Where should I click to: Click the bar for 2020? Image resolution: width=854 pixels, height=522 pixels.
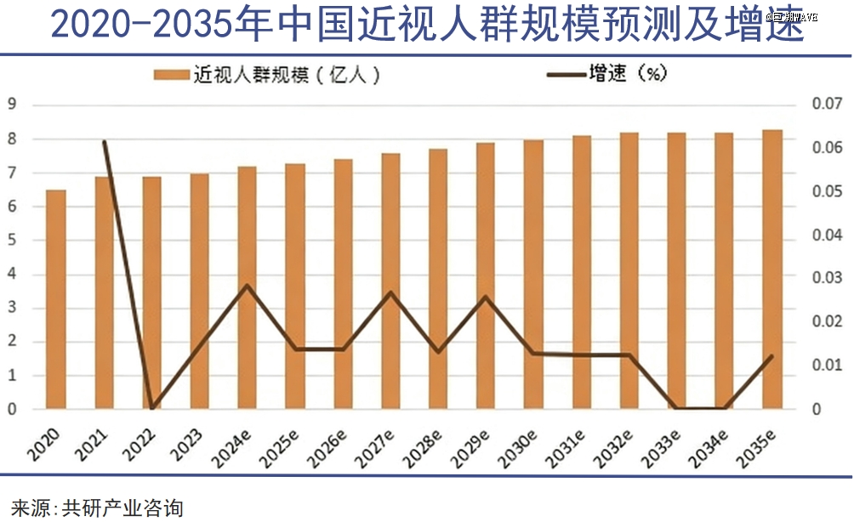tap(55, 299)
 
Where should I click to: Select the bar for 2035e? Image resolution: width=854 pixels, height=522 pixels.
tap(771, 270)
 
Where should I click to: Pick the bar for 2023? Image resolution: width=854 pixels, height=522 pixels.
tap(199, 292)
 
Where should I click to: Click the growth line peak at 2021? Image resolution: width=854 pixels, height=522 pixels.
tap(104, 142)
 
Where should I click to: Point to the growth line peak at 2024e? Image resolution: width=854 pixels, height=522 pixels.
tap(247, 286)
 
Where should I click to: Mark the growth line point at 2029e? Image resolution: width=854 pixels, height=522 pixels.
tap(486, 297)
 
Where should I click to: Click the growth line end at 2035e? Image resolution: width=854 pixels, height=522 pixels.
tap(771, 356)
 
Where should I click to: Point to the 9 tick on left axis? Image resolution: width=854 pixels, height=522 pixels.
tap(13, 105)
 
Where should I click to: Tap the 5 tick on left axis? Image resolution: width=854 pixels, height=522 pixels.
tap(13, 240)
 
